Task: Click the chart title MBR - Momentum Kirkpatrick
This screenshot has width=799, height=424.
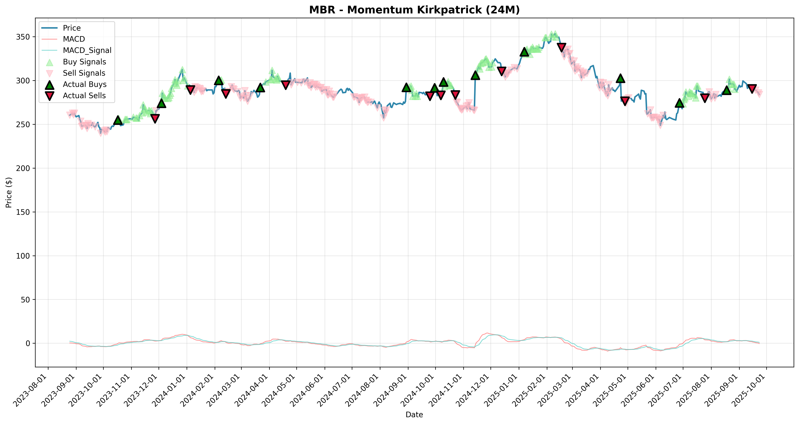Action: click(x=414, y=10)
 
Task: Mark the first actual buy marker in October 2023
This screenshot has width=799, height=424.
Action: click(x=118, y=120)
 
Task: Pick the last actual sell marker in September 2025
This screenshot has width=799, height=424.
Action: click(x=752, y=89)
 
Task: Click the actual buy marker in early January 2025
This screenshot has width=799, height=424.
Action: click(x=524, y=52)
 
